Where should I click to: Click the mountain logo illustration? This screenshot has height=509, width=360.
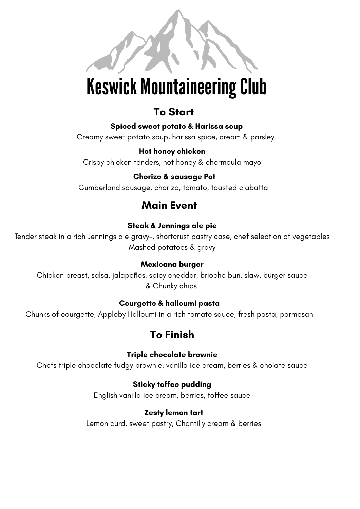point(172,42)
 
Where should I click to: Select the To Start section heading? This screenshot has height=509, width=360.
point(173,112)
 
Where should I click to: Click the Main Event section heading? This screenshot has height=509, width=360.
point(169,205)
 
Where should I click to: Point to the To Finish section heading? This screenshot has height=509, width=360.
point(172,335)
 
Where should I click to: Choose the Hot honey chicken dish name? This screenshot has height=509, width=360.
point(172,151)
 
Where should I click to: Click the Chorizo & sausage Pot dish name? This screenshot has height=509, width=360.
point(174,177)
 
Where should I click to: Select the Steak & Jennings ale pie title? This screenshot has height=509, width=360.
point(172,226)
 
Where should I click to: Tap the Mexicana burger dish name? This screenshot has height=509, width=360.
point(172,264)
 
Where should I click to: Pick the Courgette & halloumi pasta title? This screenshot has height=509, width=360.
point(169,303)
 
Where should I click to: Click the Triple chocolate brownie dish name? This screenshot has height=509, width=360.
point(172,355)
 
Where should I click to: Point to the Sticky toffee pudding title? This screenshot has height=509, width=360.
point(172,384)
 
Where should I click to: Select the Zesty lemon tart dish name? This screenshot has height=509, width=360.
point(173,413)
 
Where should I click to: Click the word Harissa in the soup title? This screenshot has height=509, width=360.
point(207,126)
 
